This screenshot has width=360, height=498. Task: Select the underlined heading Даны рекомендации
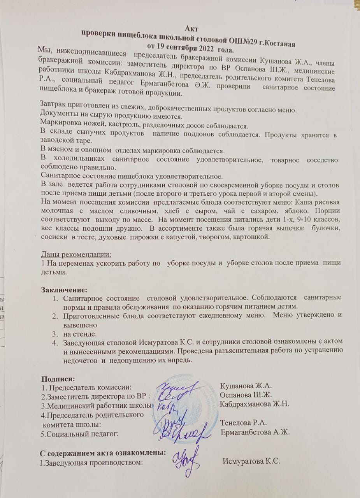[x=76, y=254]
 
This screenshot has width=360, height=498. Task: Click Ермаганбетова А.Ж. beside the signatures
[x=256, y=432]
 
